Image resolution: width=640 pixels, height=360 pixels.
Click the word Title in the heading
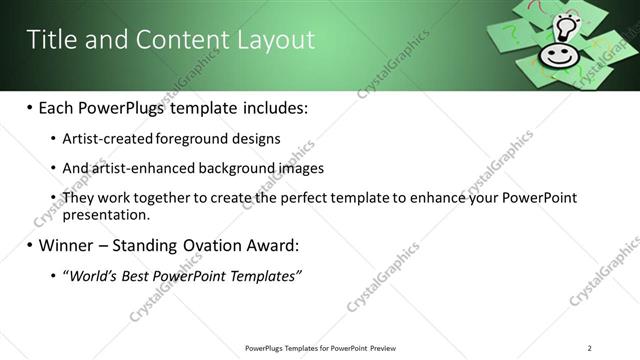tap(50, 40)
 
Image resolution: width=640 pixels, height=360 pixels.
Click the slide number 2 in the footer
tap(590, 348)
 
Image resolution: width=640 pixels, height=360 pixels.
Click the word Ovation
tap(217, 245)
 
